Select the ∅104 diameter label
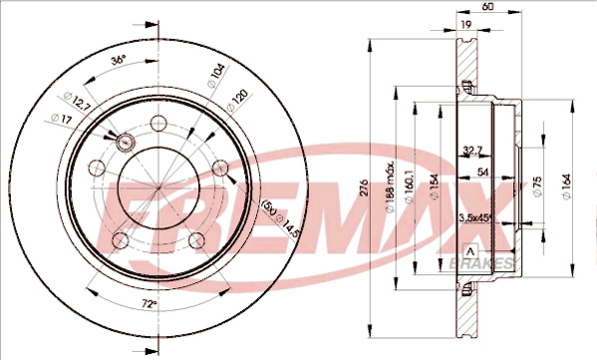pyautogui.click(x=215, y=74)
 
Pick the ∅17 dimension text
pyautogui.click(x=61, y=120)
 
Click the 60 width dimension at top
pyautogui.click(x=485, y=7)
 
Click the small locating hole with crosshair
pyautogui.click(x=126, y=143)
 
